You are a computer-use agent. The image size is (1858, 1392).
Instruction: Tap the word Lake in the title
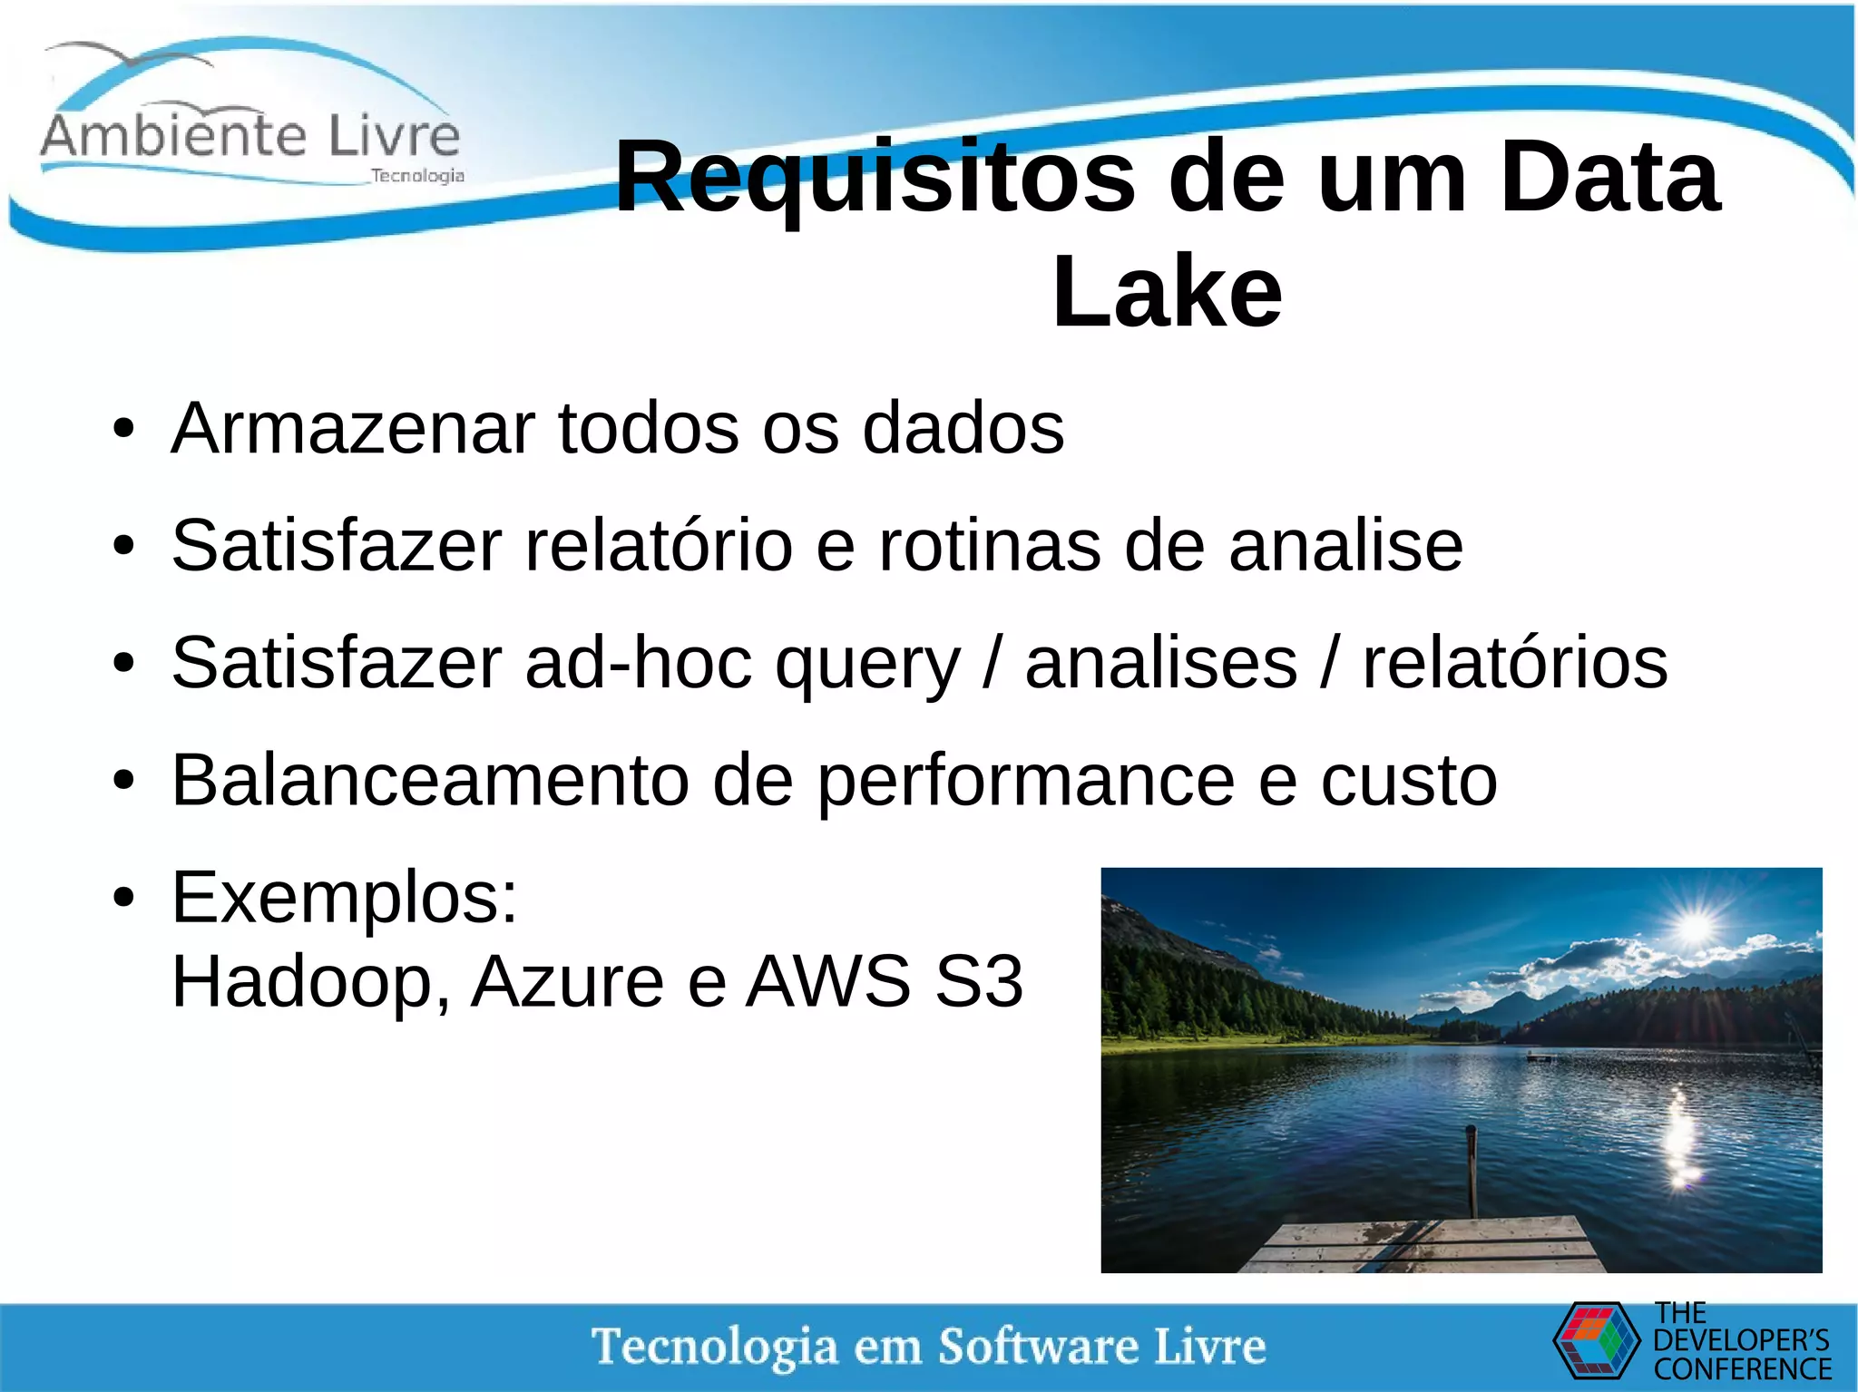pyautogui.click(x=1167, y=292)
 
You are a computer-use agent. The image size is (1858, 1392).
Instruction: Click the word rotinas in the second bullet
pyautogui.click(x=990, y=546)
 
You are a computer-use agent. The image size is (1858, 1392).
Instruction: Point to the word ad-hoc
pyautogui.click(x=639, y=663)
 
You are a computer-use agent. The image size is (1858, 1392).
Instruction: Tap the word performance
pyautogui.click(x=1026, y=782)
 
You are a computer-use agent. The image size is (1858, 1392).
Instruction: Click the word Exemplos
pyautogui.click(x=344, y=898)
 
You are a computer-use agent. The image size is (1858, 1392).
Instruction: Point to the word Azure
pyautogui.click(x=568, y=981)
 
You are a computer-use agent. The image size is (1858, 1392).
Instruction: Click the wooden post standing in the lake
pyautogui.click(x=1472, y=1170)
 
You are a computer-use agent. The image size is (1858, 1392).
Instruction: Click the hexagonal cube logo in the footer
pyautogui.click(x=1597, y=1340)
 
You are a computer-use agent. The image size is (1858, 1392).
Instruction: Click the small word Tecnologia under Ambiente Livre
pyautogui.click(x=417, y=176)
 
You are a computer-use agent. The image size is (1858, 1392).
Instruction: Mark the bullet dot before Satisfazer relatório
pyautogui.click(x=124, y=547)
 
